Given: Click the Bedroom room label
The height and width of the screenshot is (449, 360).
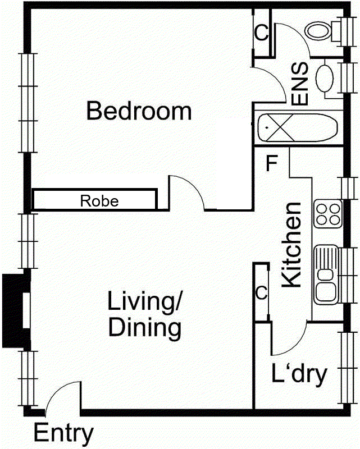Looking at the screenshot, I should click(139, 111).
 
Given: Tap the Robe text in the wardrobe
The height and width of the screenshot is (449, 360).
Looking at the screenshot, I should click(99, 200).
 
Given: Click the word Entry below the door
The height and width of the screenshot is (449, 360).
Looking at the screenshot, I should click(63, 433).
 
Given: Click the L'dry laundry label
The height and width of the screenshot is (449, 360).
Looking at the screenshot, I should click(299, 374).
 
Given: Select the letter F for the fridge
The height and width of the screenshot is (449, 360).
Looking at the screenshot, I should click(272, 163).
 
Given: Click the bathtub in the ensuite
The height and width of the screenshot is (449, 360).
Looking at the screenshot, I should click(297, 129).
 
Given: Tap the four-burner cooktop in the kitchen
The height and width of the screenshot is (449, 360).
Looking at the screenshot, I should click(327, 213).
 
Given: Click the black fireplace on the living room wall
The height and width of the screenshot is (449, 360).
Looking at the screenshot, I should click(15, 310).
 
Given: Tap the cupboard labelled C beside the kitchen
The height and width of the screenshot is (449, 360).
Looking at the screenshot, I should click(261, 292).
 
